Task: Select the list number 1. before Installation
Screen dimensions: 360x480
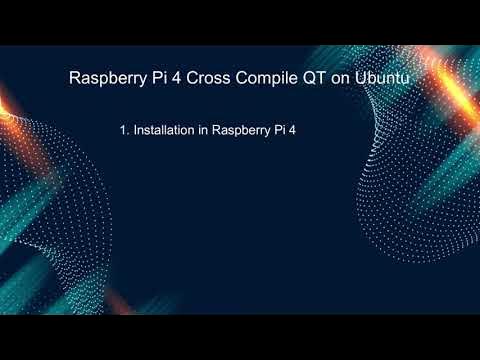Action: (x=123, y=129)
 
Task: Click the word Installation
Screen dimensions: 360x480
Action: (x=164, y=129)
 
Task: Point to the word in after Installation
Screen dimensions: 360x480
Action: (x=205, y=129)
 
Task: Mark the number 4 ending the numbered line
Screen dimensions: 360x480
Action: (x=298, y=129)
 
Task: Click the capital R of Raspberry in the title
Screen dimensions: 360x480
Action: (x=72, y=78)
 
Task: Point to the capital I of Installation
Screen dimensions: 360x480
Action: (x=135, y=129)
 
